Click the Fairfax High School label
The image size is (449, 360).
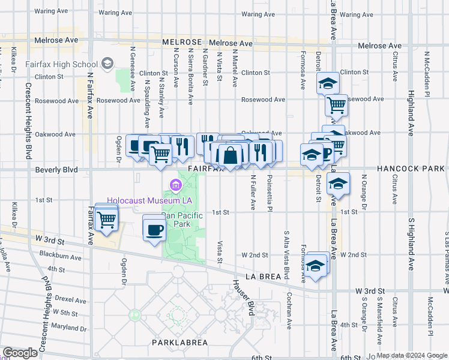coord(62,64)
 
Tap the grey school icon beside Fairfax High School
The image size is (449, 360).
coord(107,63)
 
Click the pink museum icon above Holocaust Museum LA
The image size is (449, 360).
coord(175,186)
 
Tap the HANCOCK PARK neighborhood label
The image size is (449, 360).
coord(412,170)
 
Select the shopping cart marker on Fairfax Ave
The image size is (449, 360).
coord(106,221)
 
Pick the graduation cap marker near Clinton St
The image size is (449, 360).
coord(328,83)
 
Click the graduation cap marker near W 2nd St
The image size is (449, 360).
coord(315,266)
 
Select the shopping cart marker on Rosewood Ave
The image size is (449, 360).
coord(337,106)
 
